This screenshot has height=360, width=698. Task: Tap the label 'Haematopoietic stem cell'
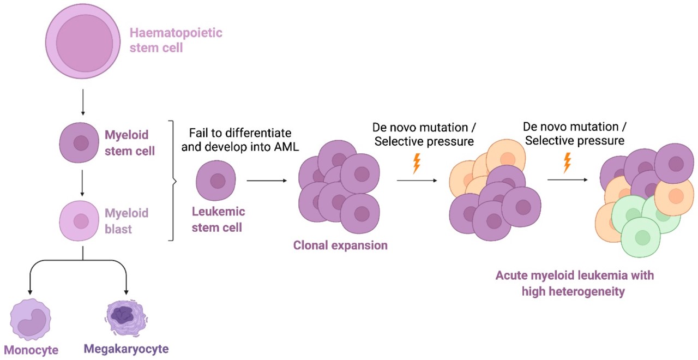176,40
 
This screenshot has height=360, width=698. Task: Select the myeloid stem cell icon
81,143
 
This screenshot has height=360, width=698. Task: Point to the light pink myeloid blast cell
81,221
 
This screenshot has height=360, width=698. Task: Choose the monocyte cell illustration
31,318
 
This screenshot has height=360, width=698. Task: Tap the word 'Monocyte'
31,350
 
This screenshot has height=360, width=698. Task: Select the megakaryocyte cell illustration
126,316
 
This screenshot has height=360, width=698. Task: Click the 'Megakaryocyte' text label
126,349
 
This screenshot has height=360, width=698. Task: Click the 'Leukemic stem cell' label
218,219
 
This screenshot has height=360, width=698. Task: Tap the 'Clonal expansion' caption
340,245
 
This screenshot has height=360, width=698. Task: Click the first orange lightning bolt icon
417,163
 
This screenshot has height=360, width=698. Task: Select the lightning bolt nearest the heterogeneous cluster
568,163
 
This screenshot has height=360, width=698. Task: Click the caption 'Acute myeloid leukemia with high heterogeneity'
574,283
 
